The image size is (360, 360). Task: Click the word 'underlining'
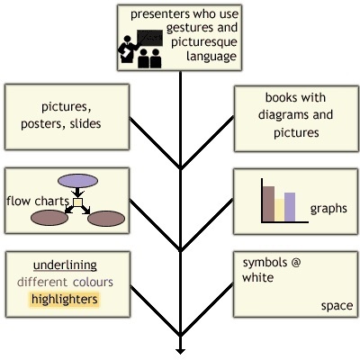65,265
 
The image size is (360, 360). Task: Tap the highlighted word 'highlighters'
65,300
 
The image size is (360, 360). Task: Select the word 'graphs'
328,209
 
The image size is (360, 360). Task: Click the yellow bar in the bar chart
279,210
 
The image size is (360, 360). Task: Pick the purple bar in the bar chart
290,207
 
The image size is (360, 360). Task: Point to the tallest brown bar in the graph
268,204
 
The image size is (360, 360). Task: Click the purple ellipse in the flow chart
77,181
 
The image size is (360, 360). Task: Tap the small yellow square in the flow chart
77,202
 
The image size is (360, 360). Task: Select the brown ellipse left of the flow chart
49,218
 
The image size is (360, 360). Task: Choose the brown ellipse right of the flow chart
106,219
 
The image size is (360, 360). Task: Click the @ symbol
295,263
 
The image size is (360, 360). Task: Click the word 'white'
257,277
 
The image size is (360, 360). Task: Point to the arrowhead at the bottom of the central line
180,351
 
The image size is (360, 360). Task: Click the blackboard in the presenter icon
149,38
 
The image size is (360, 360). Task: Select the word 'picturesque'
204,42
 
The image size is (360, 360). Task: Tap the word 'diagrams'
280,114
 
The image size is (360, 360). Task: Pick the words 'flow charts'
38,201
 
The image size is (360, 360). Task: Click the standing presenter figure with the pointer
128,49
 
